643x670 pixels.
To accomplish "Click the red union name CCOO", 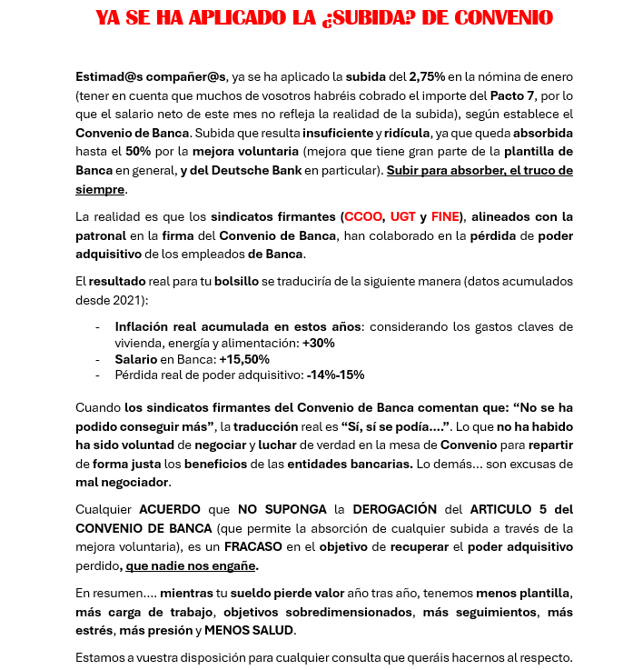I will click(362, 216).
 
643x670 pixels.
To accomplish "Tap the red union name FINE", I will click(445, 216).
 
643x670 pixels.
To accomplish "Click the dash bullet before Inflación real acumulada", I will click(97, 326).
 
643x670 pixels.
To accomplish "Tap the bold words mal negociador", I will click(123, 482).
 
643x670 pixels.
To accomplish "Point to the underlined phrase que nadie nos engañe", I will click(192, 565).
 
